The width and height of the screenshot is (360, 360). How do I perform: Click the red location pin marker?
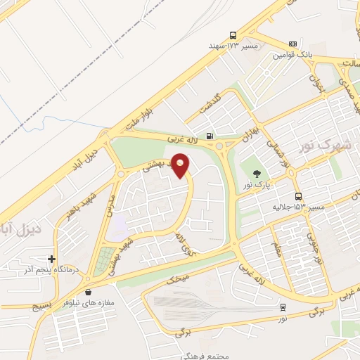pos(181,166)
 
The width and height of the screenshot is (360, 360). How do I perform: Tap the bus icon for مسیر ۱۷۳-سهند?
pos(233,36)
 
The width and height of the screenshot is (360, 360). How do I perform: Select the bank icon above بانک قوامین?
pos(292,44)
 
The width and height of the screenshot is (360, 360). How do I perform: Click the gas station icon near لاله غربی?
pos(209,136)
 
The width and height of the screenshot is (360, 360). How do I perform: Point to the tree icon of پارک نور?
pos(256,173)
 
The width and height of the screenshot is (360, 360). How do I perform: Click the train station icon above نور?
pos(283,307)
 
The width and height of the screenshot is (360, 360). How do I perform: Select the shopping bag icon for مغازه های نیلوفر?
pos(88,292)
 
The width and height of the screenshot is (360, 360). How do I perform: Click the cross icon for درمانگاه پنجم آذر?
pos(51,258)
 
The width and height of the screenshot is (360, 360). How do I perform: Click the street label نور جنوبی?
pos(316,250)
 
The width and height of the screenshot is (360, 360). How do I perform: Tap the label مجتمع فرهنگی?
pos(210,356)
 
